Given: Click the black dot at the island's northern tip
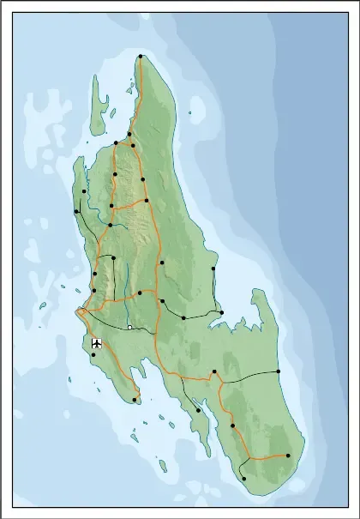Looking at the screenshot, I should pos(141,57).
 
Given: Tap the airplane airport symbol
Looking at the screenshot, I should pos(96,343).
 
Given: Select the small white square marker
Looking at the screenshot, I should pos(129,327).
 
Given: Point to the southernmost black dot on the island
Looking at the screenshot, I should pos(244,479).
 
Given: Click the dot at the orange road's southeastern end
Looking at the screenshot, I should pos(288,456).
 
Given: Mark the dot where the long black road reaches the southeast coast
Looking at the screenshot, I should pos(279,371).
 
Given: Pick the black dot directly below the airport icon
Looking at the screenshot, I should pos(93,354).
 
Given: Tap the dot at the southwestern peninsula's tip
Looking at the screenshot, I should pos(135,399).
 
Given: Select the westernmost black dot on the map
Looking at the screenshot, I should pos(76,211).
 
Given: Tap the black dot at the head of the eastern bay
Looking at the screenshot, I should pos(220,312).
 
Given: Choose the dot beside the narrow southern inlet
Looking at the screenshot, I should pos(198,410).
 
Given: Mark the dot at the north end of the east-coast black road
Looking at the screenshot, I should pos(213,269).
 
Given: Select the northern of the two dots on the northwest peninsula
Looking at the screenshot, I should pos(84,191).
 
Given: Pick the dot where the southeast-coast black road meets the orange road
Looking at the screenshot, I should pos(214,371).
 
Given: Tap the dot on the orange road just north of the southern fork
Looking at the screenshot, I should pos(232,425).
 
